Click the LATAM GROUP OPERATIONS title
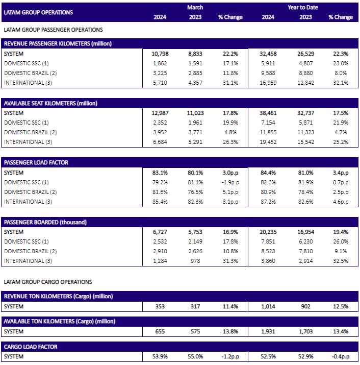click(38, 12)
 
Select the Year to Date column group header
click(303, 8)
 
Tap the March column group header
click(195, 8)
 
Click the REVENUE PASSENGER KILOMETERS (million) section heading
click(58, 43)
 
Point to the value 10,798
click(160, 54)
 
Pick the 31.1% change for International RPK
click(230, 83)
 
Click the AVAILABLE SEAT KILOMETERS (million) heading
click(50, 103)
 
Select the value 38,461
click(268, 113)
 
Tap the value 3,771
click(195, 132)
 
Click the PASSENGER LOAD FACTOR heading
click(36, 162)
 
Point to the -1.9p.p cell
click(230, 183)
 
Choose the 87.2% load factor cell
click(268, 202)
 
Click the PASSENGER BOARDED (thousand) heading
click(45, 222)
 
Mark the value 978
click(195, 261)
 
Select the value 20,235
click(268, 232)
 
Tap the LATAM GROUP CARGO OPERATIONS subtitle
click(48, 282)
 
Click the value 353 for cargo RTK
click(160, 307)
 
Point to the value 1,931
click(268, 331)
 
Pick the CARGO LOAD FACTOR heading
click(31, 347)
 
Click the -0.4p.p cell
click(341, 357)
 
